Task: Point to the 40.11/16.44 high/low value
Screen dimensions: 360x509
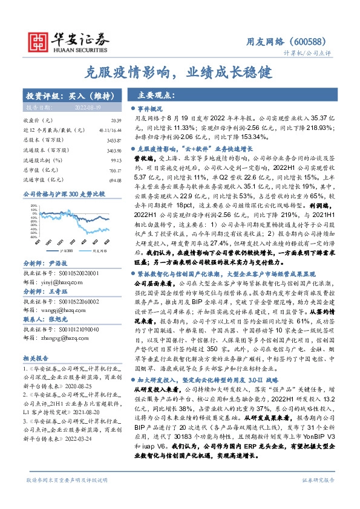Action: coord(108,131)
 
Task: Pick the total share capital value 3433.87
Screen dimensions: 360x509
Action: coord(111,140)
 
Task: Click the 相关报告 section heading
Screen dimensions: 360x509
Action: coord(37,358)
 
